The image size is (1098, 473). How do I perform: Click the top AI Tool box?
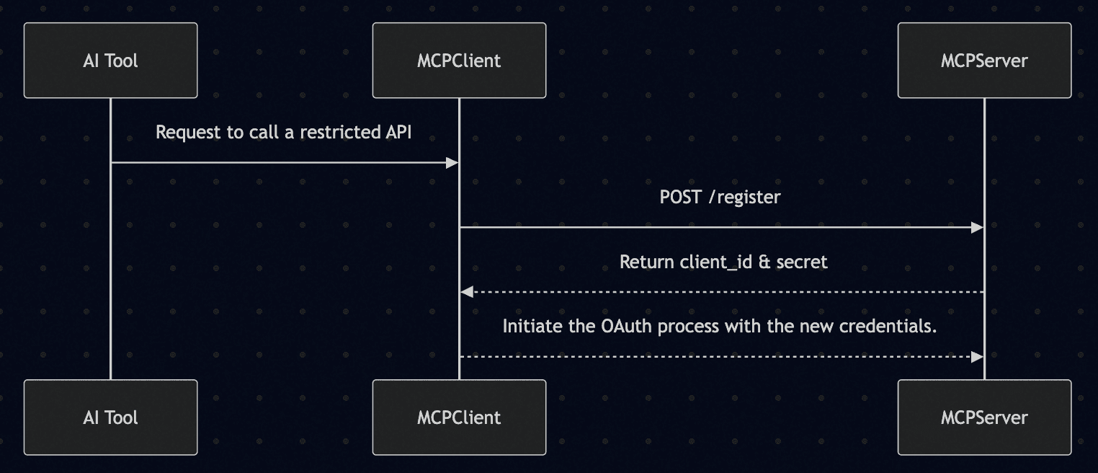[x=111, y=61]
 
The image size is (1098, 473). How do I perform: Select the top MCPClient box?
[x=459, y=61]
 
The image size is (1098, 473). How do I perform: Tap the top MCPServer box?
[x=984, y=61]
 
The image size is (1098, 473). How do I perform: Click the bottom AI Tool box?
[x=111, y=417]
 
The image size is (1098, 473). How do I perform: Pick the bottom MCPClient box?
[x=459, y=417]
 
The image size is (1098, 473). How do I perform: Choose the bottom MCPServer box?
[x=984, y=417]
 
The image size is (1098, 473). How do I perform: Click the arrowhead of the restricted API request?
[x=452, y=163]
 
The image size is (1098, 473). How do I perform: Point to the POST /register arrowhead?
[x=977, y=228]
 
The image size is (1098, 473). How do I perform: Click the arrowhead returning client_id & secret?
[x=467, y=293]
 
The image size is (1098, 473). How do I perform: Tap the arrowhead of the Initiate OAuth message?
[x=977, y=357]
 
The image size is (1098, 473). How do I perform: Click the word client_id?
[x=716, y=262]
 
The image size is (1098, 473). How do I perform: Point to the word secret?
[x=802, y=262]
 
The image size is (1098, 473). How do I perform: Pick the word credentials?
[x=888, y=327]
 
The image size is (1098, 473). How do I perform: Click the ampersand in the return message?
[x=764, y=262]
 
